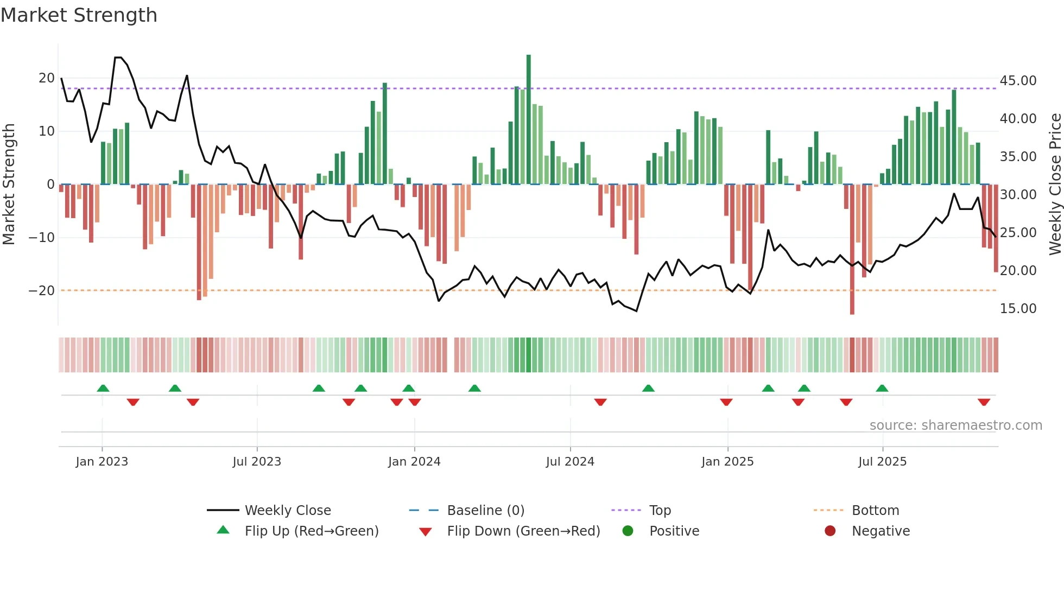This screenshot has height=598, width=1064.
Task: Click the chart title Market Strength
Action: coord(79,15)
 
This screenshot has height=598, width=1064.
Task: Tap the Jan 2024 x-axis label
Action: coord(414,462)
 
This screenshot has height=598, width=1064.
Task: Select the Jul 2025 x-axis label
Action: coord(882,462)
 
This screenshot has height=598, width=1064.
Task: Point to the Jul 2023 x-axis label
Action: coord(257,462)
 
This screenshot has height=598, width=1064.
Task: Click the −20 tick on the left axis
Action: coord(42,291)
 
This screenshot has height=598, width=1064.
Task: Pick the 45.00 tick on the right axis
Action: coord(1018,81)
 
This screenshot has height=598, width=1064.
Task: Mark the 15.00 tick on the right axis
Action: coord(1018,309)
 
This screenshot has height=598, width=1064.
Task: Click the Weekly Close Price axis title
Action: coord(1055,185)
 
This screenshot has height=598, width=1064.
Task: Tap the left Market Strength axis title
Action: coord(9,185)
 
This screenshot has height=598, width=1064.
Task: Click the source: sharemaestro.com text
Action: coord(955,425)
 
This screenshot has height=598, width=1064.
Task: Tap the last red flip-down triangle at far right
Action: coord(984,402)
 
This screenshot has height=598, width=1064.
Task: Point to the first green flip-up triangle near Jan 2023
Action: coord(103,388)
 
